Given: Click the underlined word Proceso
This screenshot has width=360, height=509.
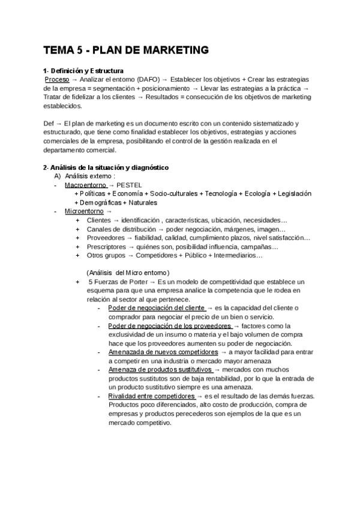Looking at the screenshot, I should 57,79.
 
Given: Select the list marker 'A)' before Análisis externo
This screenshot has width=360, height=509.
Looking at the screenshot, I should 58,176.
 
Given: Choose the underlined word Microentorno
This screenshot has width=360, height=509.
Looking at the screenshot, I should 84,211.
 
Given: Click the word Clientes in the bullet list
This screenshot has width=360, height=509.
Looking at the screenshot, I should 99,220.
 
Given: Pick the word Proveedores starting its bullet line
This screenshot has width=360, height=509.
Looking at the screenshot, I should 106,238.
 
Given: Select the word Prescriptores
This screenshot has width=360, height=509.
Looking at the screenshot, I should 106,247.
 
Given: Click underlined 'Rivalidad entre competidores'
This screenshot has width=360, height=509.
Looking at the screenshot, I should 151,396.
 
